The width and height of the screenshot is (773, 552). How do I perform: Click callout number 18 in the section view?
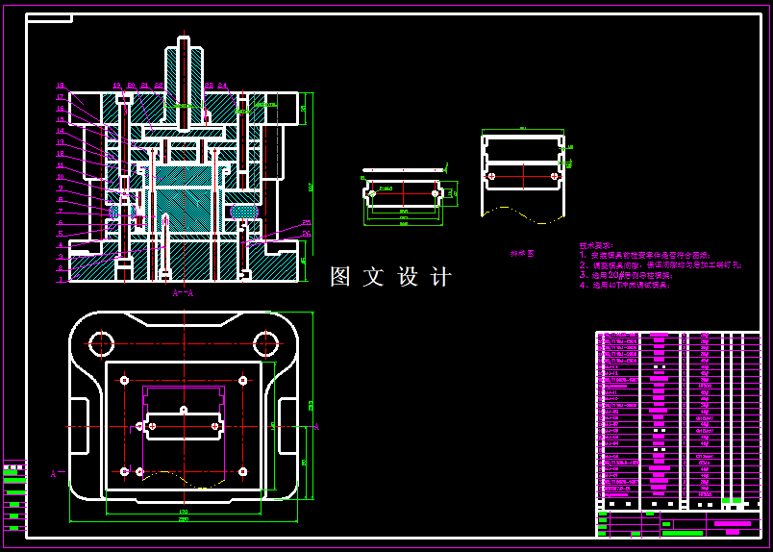(60, 86)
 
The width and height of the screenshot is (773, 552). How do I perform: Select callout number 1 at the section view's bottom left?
(60, 280)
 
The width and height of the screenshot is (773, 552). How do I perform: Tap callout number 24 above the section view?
(222, 86)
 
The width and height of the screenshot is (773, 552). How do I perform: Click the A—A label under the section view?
(182, 292)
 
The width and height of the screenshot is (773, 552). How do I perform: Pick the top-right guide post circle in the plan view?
(266, 341)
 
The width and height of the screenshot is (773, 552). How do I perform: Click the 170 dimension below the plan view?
(183, 509)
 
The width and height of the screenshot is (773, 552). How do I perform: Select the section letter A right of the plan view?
(316, 427)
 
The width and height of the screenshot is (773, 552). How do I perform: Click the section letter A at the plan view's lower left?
(53, 473)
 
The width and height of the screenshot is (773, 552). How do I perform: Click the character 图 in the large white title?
(340, 277)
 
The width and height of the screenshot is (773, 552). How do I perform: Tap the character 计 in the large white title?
(440, 277)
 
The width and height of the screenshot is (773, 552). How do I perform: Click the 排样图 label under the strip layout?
(522, 254)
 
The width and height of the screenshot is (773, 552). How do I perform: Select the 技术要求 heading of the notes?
(596, 246)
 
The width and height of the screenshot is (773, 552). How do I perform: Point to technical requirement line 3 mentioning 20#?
(630, 275)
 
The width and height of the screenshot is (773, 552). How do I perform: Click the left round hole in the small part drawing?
(370, 193)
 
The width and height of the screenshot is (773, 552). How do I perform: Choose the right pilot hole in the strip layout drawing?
(553, 176)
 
